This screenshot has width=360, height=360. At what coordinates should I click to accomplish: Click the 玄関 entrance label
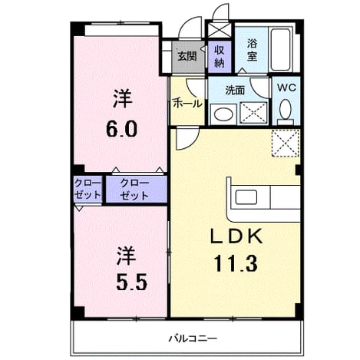click(187, 57)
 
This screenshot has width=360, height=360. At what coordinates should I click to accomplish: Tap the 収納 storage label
click(220, 56)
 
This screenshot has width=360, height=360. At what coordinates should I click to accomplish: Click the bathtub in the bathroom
click(281, 49)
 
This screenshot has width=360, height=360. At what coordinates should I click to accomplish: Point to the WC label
click(286, 88)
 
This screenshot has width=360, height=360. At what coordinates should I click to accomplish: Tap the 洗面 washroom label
click(235, 91)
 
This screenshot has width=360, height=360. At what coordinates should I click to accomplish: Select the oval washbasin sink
click(223, 114)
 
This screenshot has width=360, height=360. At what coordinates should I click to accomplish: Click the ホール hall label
click(187, 104)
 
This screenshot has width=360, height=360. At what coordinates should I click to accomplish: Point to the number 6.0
click(122, 129)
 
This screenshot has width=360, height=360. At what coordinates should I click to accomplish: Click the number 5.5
click(132, 282)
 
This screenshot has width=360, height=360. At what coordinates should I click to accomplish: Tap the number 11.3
click(236, 263)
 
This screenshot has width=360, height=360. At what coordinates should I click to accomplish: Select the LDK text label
click(236, 236)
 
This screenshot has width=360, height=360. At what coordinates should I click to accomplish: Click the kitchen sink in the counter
click(246, 197)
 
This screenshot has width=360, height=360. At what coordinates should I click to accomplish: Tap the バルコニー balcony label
click(193, 339)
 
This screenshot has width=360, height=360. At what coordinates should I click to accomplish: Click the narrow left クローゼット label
click(88, 190)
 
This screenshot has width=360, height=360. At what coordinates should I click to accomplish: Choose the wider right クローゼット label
click(134, 190)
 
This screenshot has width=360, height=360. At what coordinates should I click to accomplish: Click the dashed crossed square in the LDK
click(286, 143)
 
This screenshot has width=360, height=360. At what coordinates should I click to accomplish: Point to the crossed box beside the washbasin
click(254, 113)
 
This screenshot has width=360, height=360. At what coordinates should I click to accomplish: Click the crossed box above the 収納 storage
click(220, 30)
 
